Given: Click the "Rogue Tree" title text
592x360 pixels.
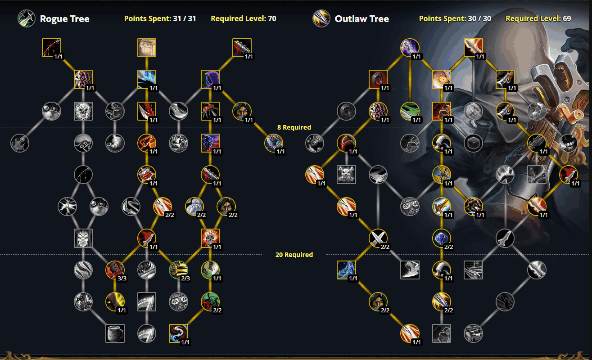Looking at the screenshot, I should click(x=64, y=19).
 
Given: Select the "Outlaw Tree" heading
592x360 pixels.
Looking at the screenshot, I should click(x=361, y=19).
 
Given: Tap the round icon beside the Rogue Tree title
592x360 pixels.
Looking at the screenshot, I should click(x=26, y=18).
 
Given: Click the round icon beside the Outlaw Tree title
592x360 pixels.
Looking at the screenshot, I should click(x=321, y=18).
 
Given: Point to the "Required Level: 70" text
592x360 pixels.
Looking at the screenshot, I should click(x=243, y=18).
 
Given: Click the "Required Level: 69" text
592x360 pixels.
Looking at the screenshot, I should click(x=538, y=18).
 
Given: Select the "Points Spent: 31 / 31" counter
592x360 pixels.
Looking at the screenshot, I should click(x=160, y=18).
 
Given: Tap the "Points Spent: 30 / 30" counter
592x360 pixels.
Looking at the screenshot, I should click(x=455, y=18).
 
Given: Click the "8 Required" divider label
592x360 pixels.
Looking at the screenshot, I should click(x=294, y=127).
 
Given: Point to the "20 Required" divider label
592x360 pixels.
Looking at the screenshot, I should click(x=294, y=255).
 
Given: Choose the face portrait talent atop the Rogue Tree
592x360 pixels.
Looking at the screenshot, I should click(x=147, y=48).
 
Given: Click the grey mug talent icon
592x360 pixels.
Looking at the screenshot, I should click(x=115, y=333).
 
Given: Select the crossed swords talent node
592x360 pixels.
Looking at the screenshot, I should click(x=378, y=238).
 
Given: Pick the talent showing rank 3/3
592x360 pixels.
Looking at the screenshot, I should click(x=115, y=270).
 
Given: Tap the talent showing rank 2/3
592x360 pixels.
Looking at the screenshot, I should click(x=178, y=270).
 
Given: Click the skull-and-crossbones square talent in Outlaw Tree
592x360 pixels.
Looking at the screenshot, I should click(x=347, y=175).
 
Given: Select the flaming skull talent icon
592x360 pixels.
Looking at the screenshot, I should click(x=210, y=238).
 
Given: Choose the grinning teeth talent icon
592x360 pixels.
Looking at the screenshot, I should click(x=569, y=143).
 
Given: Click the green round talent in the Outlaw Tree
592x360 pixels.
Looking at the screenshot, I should click(x=410, y=111).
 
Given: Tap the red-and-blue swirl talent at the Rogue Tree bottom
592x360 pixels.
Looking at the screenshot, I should click(x=178, y=333).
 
